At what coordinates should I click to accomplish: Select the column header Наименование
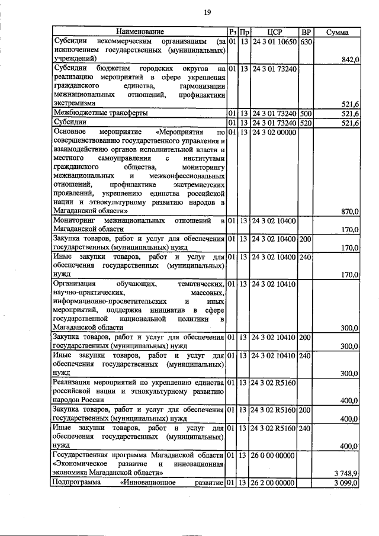[140, 31]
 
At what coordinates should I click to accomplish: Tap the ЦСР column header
[273, 31]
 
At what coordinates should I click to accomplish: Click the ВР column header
[306, 31]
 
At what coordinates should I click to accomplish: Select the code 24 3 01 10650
[273, 42]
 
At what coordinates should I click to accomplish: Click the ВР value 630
[306, 42]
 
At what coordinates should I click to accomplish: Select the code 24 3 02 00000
[273, 131]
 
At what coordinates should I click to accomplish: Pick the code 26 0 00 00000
[273, 455]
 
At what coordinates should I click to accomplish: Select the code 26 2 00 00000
[273, 484]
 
